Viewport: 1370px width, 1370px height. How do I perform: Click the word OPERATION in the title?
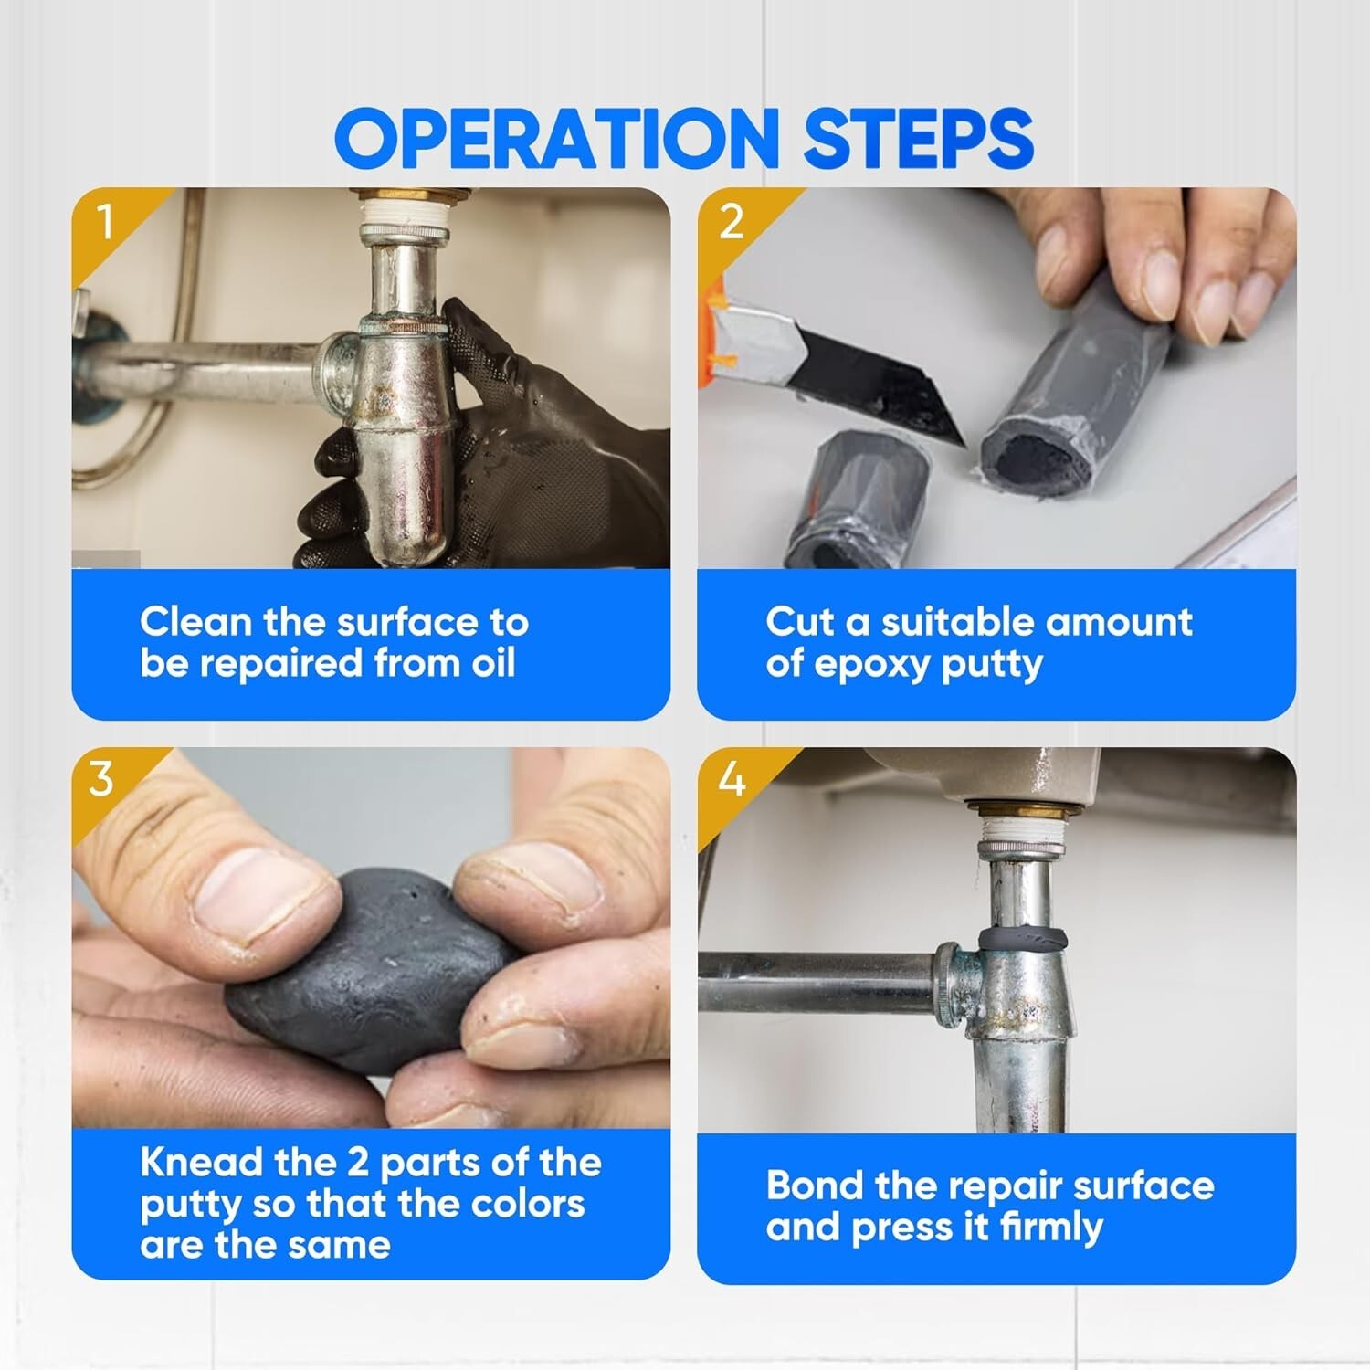pos(557,138)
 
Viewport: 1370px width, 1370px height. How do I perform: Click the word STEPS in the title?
pos(918,138)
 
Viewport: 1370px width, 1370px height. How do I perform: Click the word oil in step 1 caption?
pos(493,662)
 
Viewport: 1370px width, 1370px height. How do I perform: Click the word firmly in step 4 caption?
pos(1051,1227)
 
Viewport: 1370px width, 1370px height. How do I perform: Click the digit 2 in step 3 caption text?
pos(358,1163)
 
